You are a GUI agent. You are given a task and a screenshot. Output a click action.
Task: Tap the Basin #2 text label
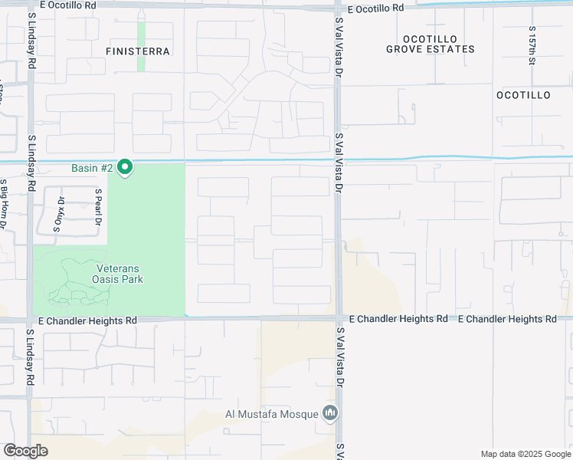[93, 167]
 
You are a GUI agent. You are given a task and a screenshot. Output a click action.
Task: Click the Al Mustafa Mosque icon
[330, 414]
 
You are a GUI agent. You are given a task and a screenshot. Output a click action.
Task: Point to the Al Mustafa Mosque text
[271, 415]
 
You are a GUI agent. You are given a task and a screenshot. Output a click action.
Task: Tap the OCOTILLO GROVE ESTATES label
[430, 44]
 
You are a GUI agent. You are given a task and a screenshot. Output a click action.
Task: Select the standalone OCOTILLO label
[523, 95]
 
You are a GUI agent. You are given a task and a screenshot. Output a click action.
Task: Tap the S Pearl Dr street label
[98, 207]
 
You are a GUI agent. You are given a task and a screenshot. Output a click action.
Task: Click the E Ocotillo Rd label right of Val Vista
[375, 8]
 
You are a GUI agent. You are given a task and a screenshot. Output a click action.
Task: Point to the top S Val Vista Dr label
[338, 52]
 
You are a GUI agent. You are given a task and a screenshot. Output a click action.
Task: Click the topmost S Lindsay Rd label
[32, 44]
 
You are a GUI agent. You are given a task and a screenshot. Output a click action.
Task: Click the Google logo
[25, 451]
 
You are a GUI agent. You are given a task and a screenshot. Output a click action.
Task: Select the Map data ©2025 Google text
[525, 454]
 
